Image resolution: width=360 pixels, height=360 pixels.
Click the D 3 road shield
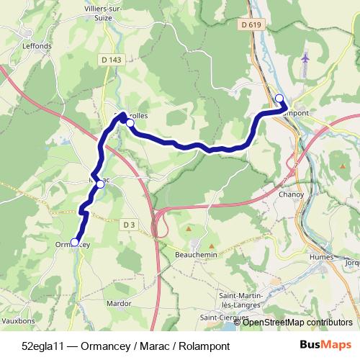coord(129,225)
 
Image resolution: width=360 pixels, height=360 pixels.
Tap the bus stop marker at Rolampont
coord(279,99)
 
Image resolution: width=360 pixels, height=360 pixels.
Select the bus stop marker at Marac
coord(100,185)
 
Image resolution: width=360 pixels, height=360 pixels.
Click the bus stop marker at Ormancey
coord(74,243)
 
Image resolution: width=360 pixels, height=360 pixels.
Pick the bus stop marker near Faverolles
coord(130,123)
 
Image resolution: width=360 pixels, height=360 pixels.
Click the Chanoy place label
coord(291,194)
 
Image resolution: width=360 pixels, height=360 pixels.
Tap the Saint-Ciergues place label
coord(225,318)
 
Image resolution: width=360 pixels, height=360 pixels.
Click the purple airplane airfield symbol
coord(306,58)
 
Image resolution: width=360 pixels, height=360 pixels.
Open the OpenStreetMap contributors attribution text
coord(297,323)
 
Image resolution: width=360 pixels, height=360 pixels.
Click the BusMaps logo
coord(324,346)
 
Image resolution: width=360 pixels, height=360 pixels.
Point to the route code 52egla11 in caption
coord(42,346)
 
